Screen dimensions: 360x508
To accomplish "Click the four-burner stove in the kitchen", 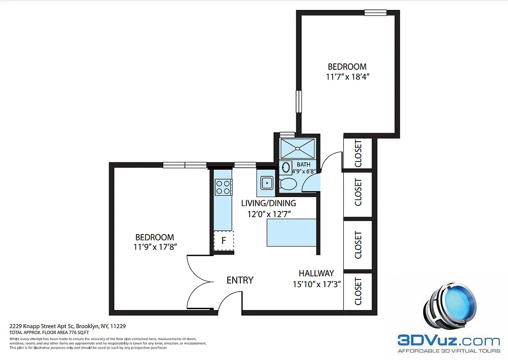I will click(x=223, y=187).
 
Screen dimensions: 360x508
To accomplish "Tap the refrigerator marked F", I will click(x=223, y=240).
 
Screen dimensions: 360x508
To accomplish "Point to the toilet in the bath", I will click(x=288, y=184).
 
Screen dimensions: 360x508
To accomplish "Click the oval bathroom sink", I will click(x=286, y=168).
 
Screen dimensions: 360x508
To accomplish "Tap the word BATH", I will click(x=303, y=165).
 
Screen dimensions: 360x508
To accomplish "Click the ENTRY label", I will click(x=240, y=280).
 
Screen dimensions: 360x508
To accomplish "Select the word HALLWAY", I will click(x=316, y=273).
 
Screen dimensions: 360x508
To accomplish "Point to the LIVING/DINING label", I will click(x=268, y=203).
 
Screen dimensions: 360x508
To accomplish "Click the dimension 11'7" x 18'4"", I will click(x=347, y=77).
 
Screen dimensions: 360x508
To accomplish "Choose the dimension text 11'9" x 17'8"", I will click(x=155, y=247).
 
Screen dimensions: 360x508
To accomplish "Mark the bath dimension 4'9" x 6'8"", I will click(x=304, y=171).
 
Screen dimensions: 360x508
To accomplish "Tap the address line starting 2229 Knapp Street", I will click(x=67, y=326).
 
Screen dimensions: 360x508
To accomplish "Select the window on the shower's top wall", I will click(x=287, y=134).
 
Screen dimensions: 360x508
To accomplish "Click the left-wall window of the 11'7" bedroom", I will click(x=298, y=101).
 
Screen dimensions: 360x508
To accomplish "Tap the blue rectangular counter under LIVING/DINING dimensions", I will click(x=292, y=233).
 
